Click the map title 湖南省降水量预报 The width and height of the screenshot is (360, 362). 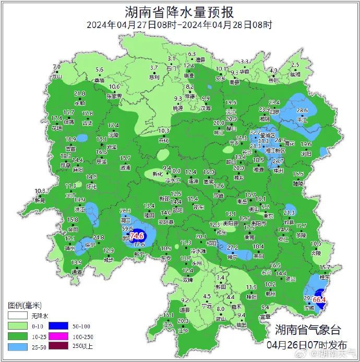tap(179, 11)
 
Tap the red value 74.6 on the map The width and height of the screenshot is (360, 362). tap(137, 236)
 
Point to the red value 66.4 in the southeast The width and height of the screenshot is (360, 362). tap(319, 299)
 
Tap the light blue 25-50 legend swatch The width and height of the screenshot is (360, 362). tap(16, 346)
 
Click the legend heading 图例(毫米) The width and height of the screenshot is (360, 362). tap(25, 305)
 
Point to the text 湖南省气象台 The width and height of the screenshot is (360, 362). tap(308, 330)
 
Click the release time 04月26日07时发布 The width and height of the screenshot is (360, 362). tap(307, 344)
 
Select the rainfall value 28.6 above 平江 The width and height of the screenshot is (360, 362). tap(302, 111)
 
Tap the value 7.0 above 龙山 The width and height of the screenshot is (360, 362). tap(57, 67)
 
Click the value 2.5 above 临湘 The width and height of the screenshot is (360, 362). tap(295, 65)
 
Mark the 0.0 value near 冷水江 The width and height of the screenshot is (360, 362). tap(176, 171)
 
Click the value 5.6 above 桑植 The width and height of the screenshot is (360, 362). tap(99, 69)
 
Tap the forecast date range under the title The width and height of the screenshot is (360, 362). tap(179, 25)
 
